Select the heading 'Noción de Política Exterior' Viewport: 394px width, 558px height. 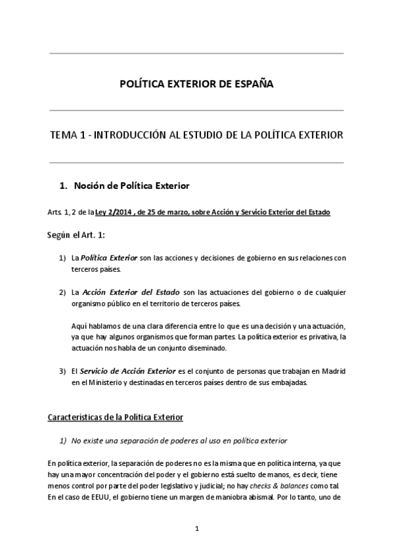131,186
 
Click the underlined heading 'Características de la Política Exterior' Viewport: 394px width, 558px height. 116,417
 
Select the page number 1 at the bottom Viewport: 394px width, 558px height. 197,528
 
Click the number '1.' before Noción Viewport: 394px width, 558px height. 64,186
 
